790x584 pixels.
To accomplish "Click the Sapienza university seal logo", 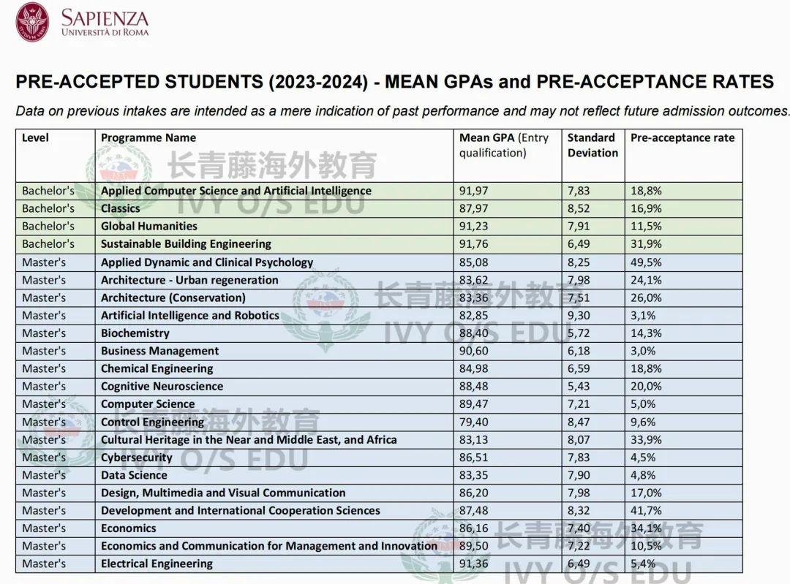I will click(x=32, y=22).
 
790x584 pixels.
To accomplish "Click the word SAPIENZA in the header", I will click(x=105, y=18).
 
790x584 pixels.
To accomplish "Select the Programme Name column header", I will click(x=148, y=137).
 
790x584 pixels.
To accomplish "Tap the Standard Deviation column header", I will click(x=592, y=145).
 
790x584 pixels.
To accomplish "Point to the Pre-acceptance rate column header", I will click(x=682, y=137).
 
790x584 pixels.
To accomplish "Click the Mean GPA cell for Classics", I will click(x=475, y=208).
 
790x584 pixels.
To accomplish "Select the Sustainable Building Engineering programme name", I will click(x=186, y=243).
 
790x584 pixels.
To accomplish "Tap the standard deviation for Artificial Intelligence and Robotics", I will click(x=582, y=315).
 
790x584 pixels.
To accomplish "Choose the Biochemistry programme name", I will click(x=135, y=333).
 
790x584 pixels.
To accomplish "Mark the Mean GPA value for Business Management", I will click(x=475, y=351).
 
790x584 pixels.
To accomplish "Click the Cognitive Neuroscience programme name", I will click(x=162, y=386).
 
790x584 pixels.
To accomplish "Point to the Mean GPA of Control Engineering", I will click(x=475, y=422).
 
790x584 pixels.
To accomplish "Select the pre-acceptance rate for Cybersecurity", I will click(x=643, y=458).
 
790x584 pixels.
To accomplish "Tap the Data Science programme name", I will click(x=134, y=475).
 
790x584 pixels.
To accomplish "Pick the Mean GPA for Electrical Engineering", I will click(x=475, y=564).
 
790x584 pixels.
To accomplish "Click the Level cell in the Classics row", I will click(x=48, y=208).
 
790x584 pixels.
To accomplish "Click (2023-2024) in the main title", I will click(x=318, y=81).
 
